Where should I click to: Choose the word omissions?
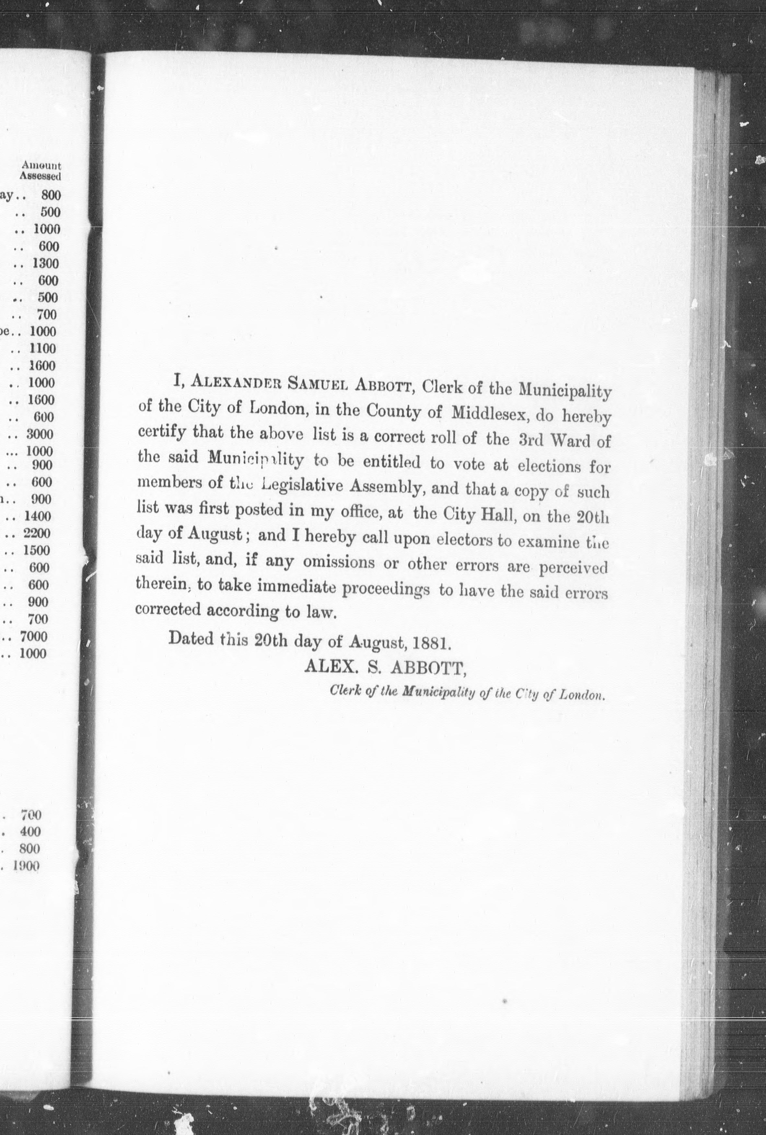pos(339,562)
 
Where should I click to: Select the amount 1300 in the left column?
pos(45,264)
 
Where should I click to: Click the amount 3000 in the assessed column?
pos(40,434)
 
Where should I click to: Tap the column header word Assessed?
pos(40,176)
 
